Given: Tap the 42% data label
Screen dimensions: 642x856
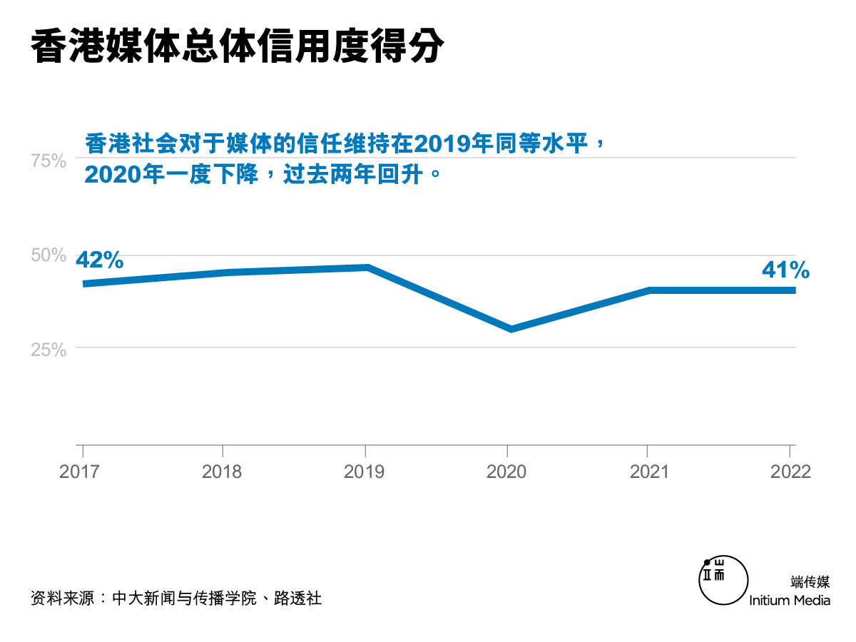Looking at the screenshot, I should click(100, 260).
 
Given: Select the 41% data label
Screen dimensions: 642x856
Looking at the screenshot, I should click(785, 270).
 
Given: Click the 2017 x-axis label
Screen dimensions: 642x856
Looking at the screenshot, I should click(79, 472).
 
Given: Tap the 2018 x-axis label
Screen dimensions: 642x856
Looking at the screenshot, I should click(222, 472).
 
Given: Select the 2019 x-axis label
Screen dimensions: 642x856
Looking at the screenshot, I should click(365, 472).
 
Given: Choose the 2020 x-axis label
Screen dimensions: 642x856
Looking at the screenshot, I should click(506, 472).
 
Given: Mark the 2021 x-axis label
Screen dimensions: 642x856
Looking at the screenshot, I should click(648, 472).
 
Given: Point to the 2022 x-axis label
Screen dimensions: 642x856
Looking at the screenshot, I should click(790, 472).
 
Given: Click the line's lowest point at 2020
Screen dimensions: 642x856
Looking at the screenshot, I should click(511, 329).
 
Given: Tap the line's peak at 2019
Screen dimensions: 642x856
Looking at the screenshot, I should click(367, 267).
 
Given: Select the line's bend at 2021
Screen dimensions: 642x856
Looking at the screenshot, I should click(650, 290).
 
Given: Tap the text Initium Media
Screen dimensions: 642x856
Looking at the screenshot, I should click(790, 600).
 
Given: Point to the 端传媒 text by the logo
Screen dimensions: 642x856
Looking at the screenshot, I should click(810, 581).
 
